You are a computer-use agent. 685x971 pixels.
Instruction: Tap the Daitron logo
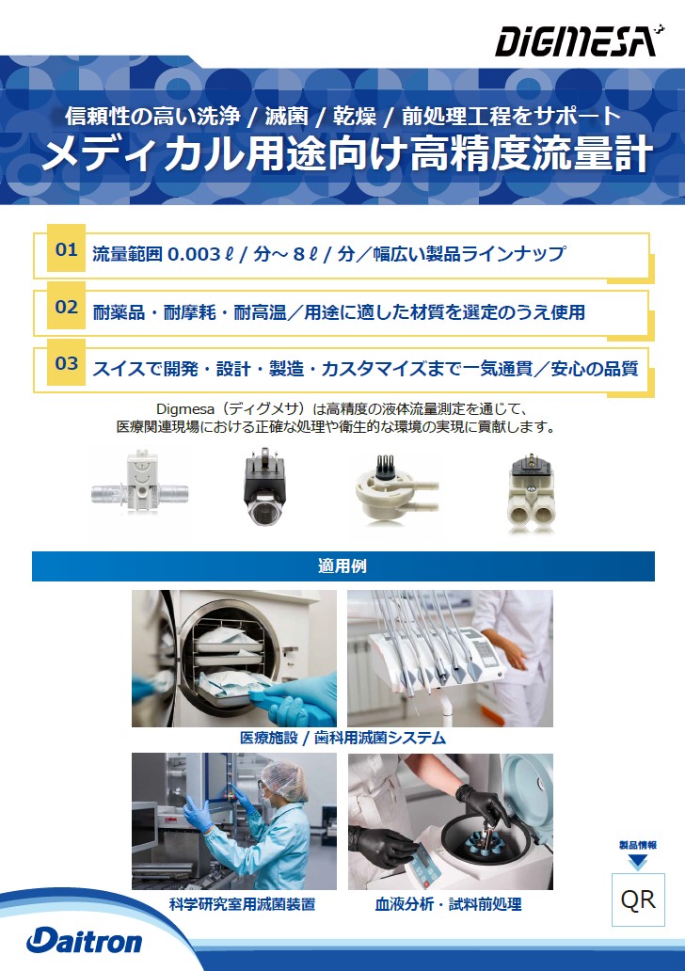point(85,941)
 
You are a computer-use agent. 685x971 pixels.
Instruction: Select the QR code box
point(638,899)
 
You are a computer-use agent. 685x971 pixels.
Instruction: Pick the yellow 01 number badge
point(66,249)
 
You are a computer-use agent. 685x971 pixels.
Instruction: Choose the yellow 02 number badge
point(66,307)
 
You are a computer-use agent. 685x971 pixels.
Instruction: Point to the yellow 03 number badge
point(66,363)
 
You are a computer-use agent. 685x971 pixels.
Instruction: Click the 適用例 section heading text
point(342,566)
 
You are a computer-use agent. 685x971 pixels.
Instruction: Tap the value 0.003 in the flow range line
point(195,254)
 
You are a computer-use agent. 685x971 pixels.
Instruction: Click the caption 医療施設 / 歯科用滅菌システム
point(342,738)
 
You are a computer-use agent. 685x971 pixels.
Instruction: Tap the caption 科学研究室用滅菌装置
point(242,904)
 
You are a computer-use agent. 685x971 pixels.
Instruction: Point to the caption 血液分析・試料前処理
point(449,904)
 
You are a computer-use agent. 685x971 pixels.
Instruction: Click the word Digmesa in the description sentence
point(185,409)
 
